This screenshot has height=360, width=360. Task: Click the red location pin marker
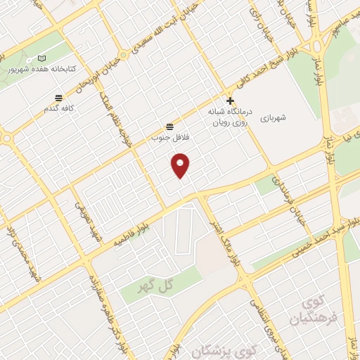[181, 165]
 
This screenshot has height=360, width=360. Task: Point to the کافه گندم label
[59, 109]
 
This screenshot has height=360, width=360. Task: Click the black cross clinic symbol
[230, 101]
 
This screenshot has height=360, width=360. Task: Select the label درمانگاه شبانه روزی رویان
[230, 116]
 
